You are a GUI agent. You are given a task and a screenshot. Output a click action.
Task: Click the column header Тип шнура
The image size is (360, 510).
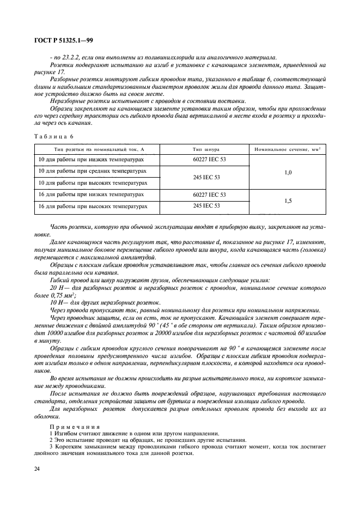[x=206, y=149]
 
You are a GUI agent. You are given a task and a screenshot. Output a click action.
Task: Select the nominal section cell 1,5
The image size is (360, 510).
[x=288, y=201]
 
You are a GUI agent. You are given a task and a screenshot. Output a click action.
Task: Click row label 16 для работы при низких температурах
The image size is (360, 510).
[x=91, y=194]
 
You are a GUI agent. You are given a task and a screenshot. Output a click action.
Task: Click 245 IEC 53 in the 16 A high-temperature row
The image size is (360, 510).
[x=206, y=206]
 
